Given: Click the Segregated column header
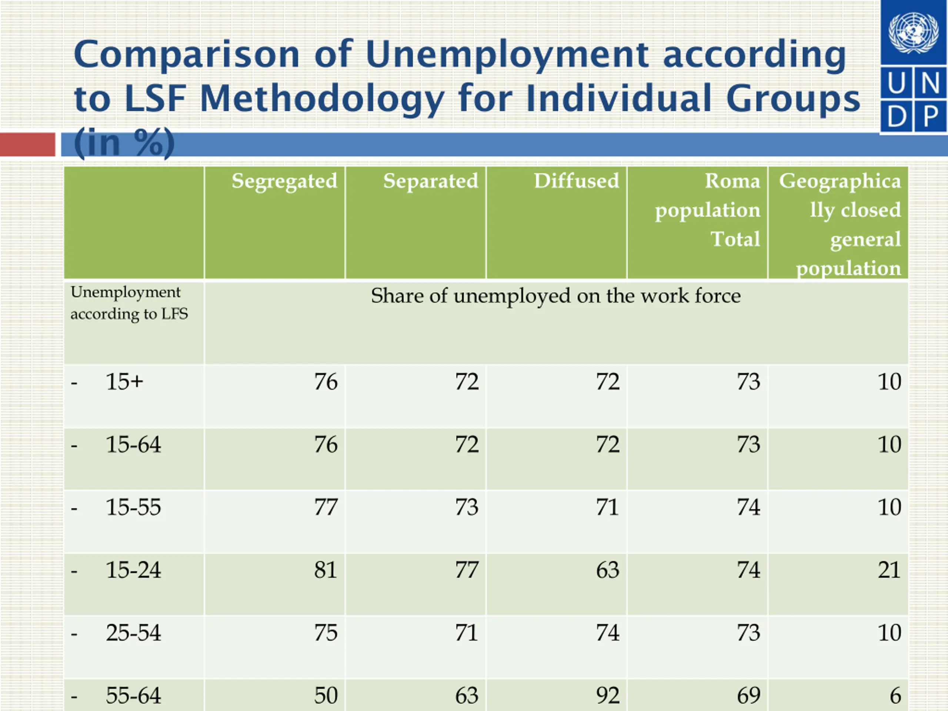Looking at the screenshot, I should [x=284, y=181].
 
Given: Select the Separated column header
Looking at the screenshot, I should [x=430, y=181].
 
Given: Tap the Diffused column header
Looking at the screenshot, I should [x=577, y=181].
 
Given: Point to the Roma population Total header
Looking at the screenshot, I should [x=708, y=210].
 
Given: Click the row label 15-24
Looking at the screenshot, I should [x=133, y=570].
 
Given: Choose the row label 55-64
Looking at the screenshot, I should [x=133, y=695].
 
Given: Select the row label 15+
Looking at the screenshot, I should [x=124, y=381].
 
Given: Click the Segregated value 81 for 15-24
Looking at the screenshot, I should [x=326, y=570].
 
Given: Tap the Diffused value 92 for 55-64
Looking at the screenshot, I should [x=608, y=695].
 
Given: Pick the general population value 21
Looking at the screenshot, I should [x=889, y=570].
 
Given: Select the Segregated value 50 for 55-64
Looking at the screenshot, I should [x=326, y=695].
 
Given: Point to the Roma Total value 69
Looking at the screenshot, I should [x=749, y=695].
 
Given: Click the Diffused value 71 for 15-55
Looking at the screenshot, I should [x=608, y=507].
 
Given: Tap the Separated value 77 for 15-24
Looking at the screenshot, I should [x=467, y=570].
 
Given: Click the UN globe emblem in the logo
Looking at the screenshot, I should [x=913, y=32].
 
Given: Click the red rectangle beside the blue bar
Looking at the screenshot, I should [x=27, y=144].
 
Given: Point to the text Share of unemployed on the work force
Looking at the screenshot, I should [x=556, y=296].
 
